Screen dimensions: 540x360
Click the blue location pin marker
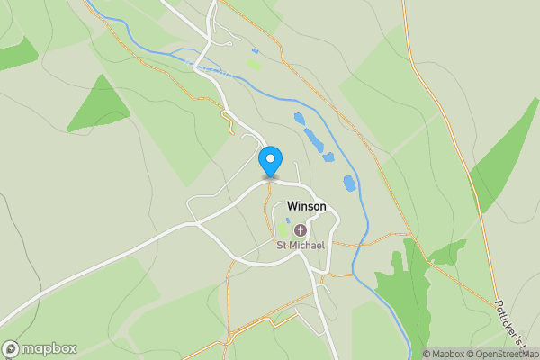click(x=270, y=161)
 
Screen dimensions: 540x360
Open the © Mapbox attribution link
click(x=446, y=354)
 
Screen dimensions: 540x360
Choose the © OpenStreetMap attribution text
click(x=505, y=354)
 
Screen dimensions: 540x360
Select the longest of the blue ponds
click(x=314, y=140)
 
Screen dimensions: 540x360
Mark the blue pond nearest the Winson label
click(x=349, y=184)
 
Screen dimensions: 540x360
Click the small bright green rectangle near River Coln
click(x=255, y=64)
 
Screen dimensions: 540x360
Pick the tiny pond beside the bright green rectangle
click(x=256, y=50)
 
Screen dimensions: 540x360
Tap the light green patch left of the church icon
click(x=283, y=229)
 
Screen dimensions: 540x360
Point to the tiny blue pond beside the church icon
click(x=288, y=220)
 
